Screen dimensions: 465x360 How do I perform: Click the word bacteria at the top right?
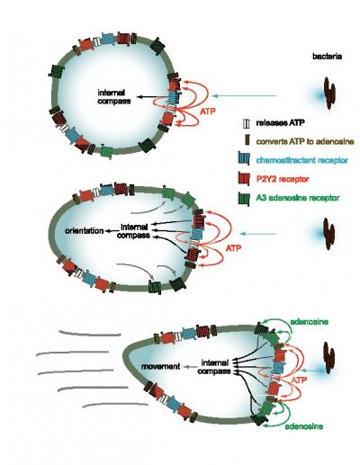coord(327,58)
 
